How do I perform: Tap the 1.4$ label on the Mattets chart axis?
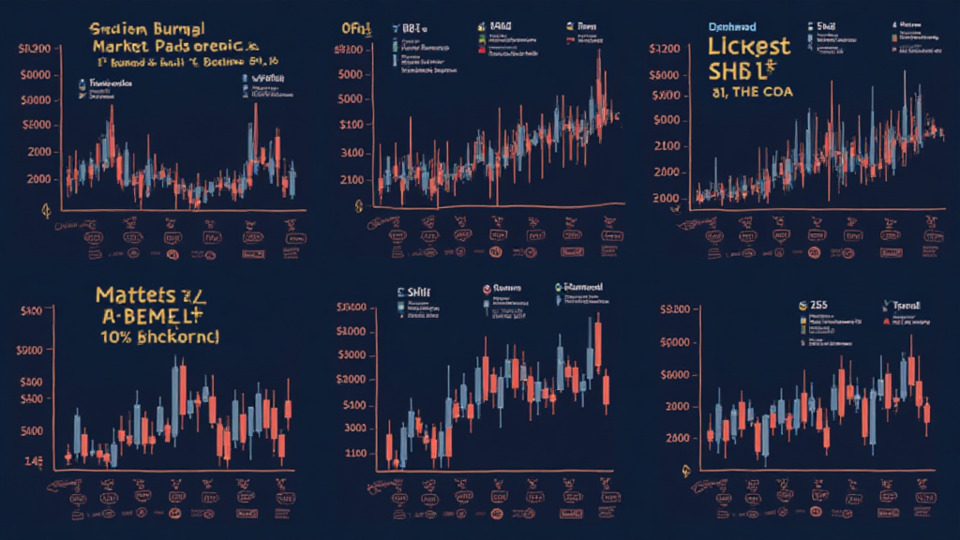[34, 460]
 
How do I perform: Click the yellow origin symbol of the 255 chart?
[686, 473]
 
